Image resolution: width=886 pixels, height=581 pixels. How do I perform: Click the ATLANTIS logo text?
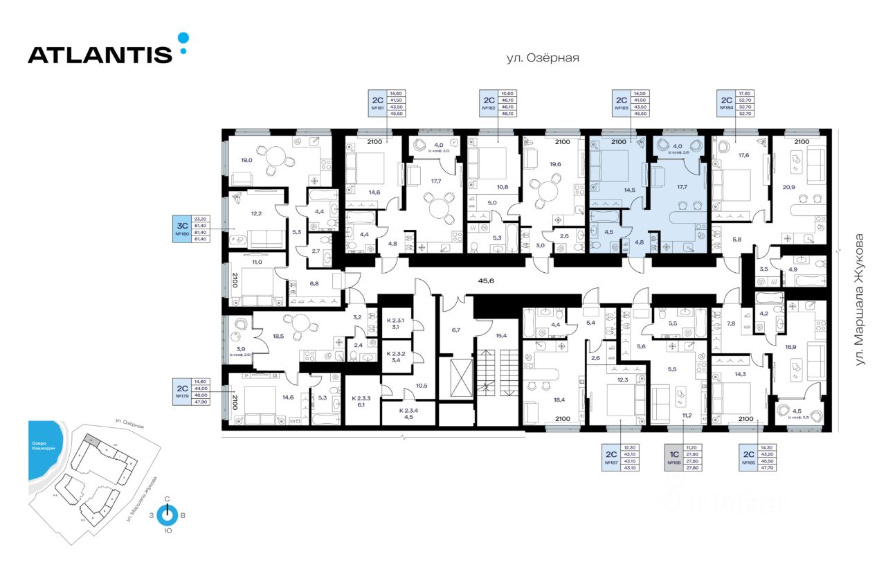[100, 55]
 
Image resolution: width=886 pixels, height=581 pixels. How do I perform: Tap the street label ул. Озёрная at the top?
[542, 59]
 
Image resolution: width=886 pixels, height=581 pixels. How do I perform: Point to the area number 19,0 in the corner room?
[246, 160]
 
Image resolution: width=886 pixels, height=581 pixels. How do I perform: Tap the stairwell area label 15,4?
[501, 335]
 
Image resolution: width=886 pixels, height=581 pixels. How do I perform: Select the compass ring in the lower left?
[167, 515]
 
